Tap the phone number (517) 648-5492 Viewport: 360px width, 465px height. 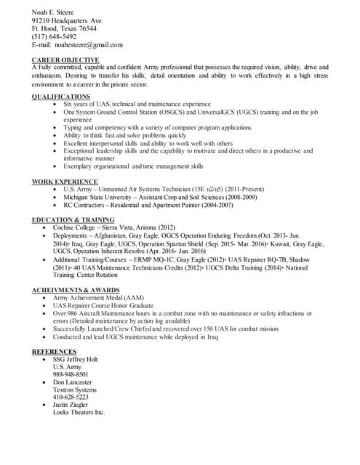tap(54, 36)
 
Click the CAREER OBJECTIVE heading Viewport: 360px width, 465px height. tap(65, 59)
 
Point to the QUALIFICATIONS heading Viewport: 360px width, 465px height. tap(61, 96)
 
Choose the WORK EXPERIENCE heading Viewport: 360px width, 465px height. tap(65, 181)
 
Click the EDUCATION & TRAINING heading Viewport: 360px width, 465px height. tap(73, 219)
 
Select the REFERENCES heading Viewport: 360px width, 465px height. tap(55, 352)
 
